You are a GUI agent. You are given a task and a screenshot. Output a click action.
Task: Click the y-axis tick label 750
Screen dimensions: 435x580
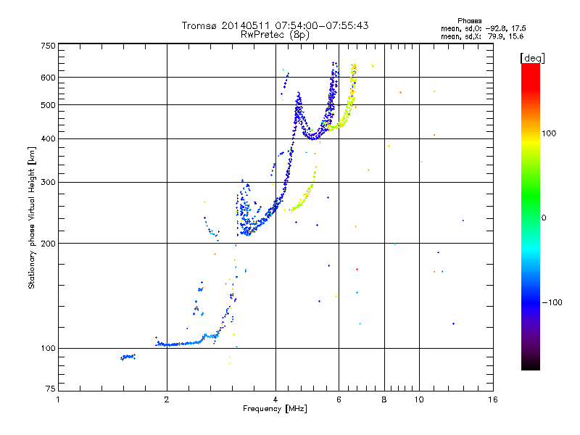coord(48,46)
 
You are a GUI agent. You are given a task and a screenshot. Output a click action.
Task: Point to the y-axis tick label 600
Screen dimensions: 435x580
coord(48,77)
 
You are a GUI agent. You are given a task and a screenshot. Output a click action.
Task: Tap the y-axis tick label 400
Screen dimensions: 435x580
coord(48,138)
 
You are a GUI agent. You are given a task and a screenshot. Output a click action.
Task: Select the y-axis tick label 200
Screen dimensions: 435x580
coord(48,243)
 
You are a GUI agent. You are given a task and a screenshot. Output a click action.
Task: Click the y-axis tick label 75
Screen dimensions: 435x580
coord(50,391)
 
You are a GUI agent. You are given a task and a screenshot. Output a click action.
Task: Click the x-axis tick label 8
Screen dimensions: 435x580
coord(384,400)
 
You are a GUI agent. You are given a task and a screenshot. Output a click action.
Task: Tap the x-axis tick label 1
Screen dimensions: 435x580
coord(58,400)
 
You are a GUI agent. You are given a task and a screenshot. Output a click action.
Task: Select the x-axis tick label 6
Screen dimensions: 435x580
coord(339,400)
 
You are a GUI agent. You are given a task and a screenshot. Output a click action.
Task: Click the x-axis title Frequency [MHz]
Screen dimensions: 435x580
coord(275,410)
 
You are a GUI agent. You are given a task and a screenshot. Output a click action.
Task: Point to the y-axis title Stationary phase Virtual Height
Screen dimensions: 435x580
coord(32,218)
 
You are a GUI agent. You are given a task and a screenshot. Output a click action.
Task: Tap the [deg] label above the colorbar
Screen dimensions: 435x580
coord(531,57)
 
